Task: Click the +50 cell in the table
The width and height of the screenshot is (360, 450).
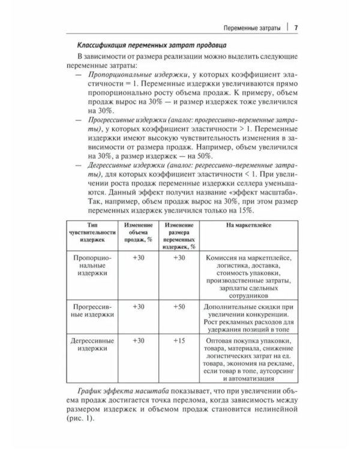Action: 178,307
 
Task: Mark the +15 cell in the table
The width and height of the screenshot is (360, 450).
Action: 178,340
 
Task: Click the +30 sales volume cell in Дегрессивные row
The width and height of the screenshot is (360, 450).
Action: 139,340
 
